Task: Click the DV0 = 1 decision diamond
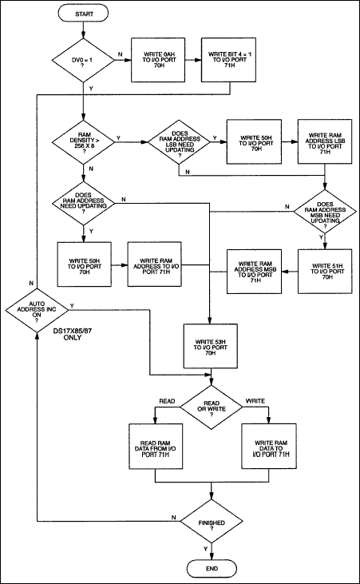pyautogui.click(x=83, y=61)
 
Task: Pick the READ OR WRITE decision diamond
pyautogui.click(x=211, y=407)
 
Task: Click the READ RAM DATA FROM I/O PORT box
pyautogui.click(x=156, y=455)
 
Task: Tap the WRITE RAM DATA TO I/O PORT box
pyautogui.click(x=268, y=455)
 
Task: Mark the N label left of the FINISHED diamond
pyautogui.click(x=173, y=518)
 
